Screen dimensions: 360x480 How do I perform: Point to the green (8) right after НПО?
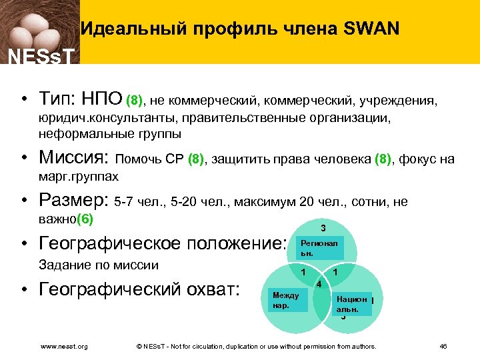135,101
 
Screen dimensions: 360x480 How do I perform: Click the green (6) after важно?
86,219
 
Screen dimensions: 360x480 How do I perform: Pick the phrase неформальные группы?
109,134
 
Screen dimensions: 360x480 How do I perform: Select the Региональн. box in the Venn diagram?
319,249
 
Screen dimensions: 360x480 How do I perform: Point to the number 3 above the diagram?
323,227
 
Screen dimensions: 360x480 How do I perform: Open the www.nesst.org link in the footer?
64,347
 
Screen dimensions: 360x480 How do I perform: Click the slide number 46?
443,347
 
